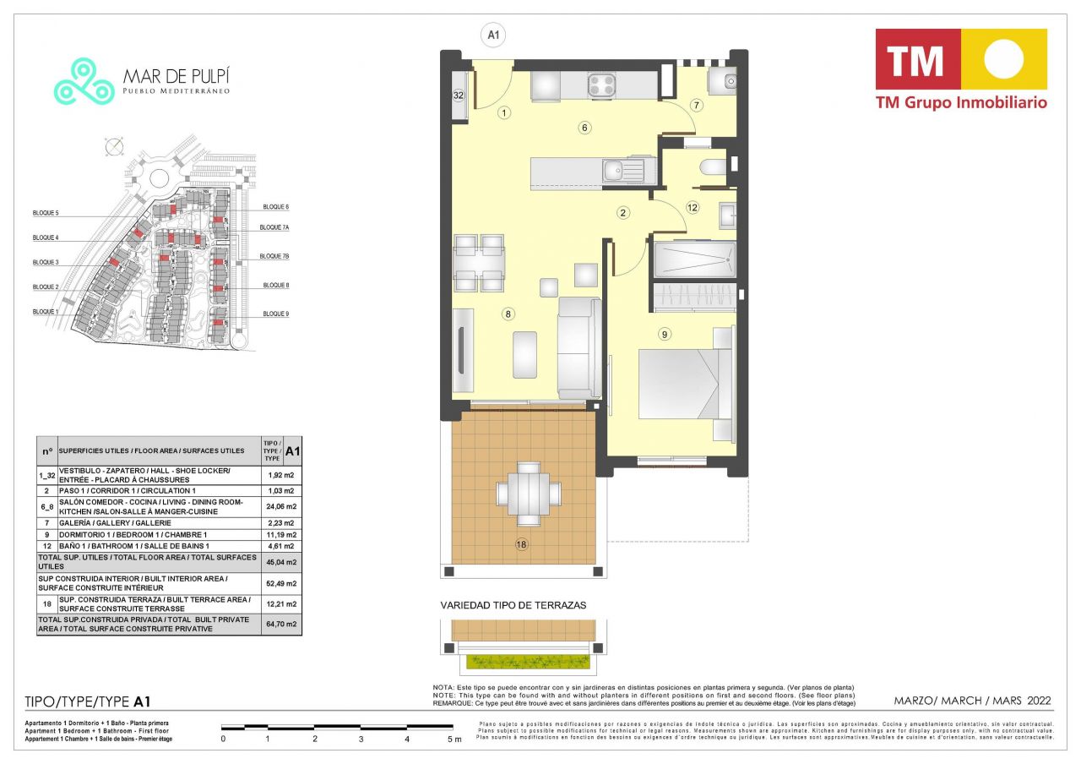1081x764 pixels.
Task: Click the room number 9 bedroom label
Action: (x=665, y=334)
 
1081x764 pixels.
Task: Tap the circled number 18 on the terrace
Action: (x=521, y=545)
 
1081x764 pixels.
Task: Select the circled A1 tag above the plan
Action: (x=492, y=35)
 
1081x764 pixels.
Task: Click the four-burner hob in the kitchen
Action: (x=601, y=85)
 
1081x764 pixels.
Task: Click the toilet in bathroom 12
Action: (x=713, y=167)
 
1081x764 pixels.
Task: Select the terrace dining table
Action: (x=529, y=493)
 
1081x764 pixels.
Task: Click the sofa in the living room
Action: (x=579, y=347)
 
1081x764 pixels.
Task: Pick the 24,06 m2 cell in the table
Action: (x=281, y=506)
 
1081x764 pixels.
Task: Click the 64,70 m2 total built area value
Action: (x=281, y=625)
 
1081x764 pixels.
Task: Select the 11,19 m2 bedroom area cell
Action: (x=281, y=535)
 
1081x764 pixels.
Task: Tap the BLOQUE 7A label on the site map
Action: (x=274, y=227)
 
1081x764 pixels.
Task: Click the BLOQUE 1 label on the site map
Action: (x=46, y=312)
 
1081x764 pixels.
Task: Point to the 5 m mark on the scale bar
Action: (x=453, y=739)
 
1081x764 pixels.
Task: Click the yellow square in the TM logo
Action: (x=1003, y=59)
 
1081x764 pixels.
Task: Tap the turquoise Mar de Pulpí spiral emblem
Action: (x=84, y=82)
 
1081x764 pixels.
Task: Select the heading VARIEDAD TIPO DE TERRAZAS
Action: (x=513, y=605)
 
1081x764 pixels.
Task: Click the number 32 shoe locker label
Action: (x=459, y=95)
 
